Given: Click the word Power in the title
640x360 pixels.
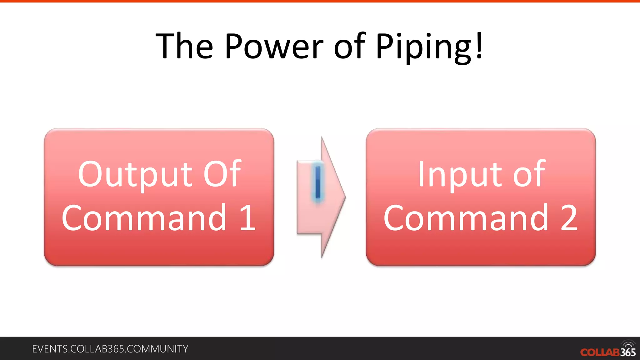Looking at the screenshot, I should [274, 46].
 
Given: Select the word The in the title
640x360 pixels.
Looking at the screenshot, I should [184, 46].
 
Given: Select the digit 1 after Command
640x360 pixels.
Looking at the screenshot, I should [248, 218].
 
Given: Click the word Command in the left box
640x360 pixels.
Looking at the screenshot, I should [144, 218].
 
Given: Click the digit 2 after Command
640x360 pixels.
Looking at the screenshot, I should [569, 218].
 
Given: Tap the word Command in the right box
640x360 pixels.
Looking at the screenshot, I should [466, 218].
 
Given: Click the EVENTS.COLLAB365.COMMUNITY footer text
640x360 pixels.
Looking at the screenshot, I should [110, 349].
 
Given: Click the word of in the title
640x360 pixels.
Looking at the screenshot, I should [349, 46].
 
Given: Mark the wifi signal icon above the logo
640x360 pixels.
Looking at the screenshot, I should [628, 343].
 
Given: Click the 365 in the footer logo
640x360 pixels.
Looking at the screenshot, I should [628, 352].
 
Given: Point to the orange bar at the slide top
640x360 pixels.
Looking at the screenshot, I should [320, 1].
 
